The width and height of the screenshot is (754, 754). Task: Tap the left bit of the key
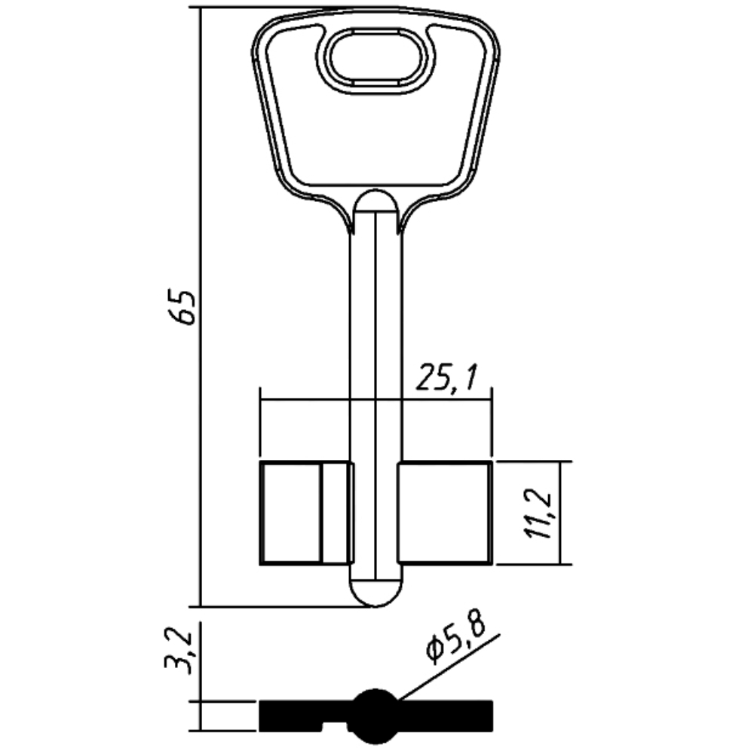[291, 513]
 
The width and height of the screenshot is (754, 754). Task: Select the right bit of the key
[445, 513]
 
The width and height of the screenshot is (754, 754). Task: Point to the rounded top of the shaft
[375, 201]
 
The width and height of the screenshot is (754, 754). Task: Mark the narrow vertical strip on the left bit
[336, 513]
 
